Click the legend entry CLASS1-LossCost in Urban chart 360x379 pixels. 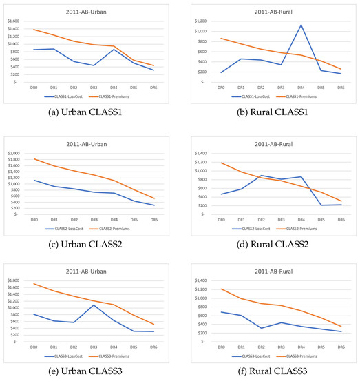click(67, 99)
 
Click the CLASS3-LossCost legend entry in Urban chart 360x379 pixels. click(67, 352)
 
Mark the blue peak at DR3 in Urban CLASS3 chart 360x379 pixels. click(113, 305)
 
